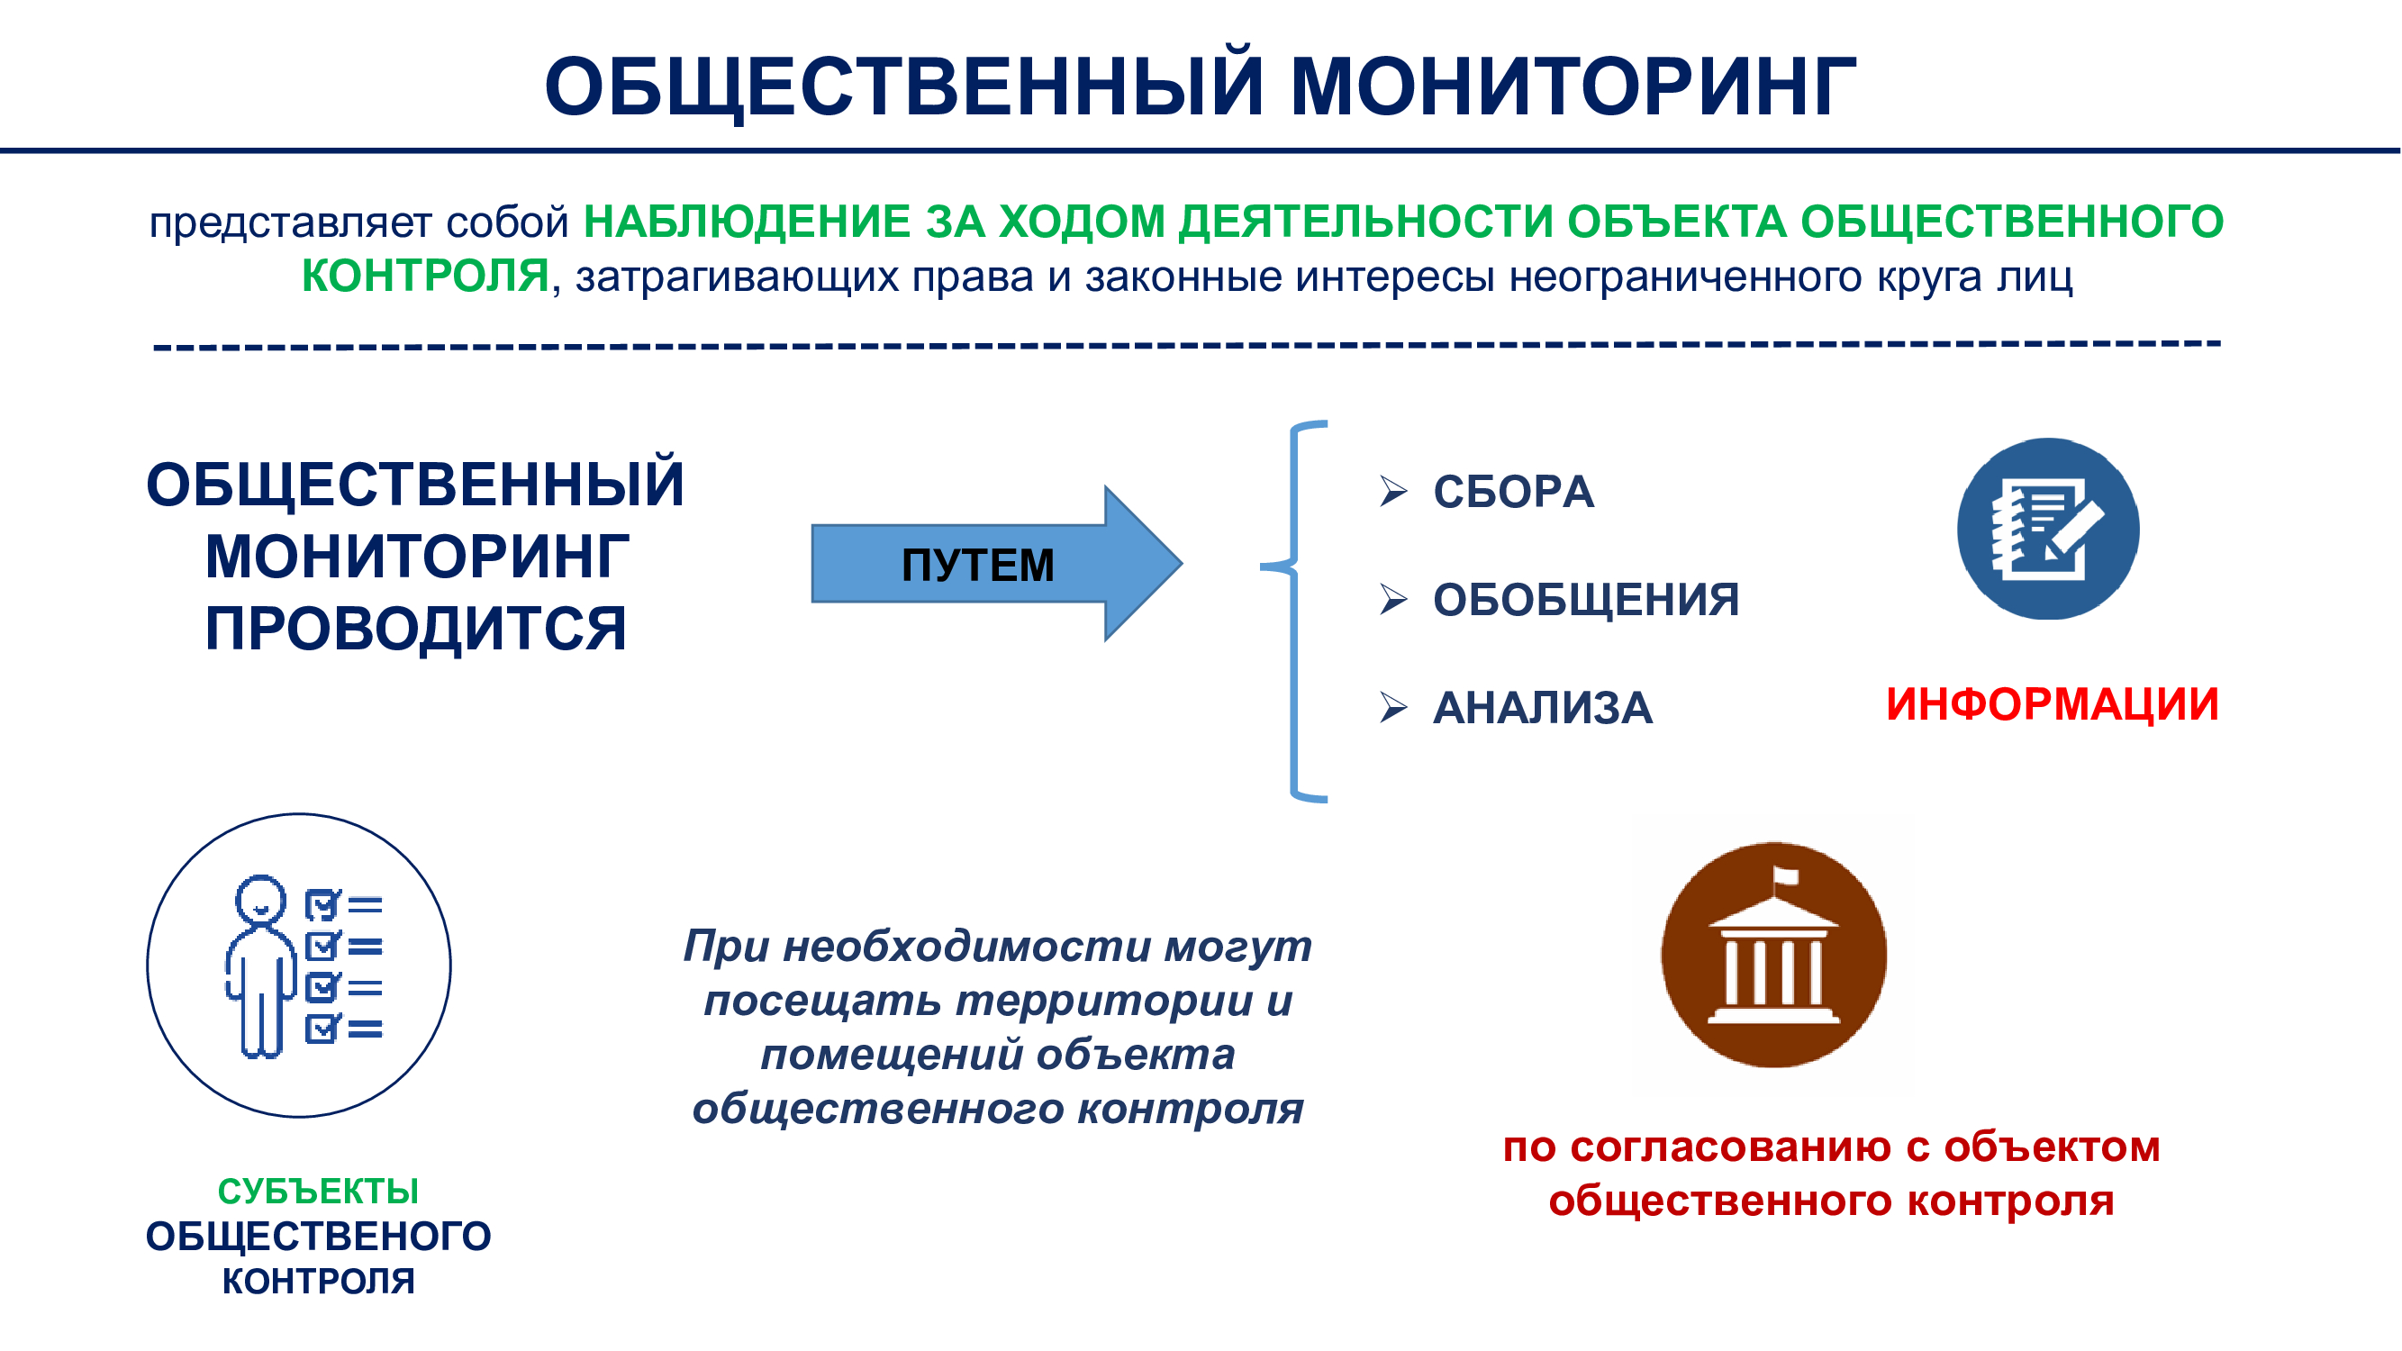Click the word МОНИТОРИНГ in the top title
1573,86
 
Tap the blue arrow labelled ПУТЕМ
997,563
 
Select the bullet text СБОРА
1513,492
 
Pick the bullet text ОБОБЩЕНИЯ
1586,600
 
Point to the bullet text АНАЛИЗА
1542,708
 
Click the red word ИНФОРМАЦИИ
2052,704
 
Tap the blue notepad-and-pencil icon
2048,529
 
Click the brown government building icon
1773,955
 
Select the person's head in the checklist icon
260,899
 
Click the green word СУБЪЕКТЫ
318,1191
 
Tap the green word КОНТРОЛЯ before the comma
425,276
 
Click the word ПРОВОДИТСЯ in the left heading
416,629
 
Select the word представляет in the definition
290,222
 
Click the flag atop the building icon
1785,875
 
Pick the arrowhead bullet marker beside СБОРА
1393,491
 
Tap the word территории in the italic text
1103,1001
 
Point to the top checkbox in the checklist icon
322,904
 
